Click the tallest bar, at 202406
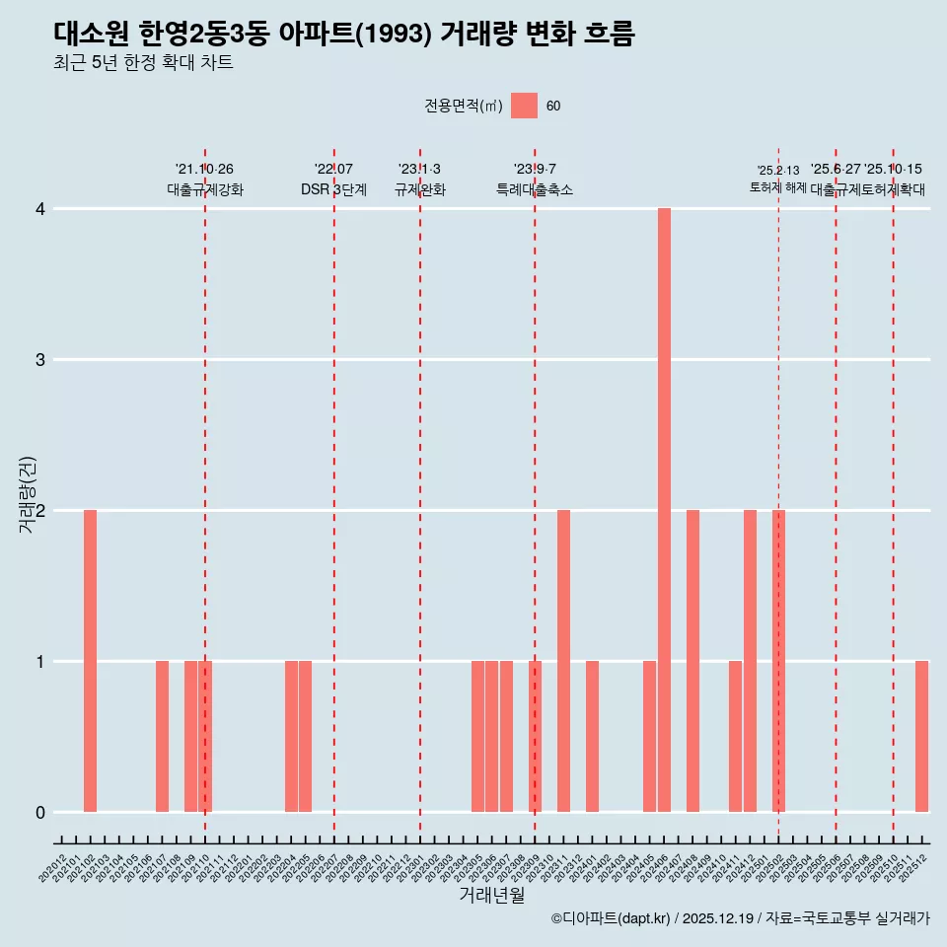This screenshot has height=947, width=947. (x=664, y=510)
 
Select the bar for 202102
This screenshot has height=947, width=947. (x=90, y=661)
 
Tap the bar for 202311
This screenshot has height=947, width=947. (x=563, y=661)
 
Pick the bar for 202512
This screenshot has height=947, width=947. (x=921, y=736)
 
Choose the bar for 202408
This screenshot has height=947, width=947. (x=692, y=661)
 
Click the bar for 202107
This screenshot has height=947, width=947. (x=162, y=736)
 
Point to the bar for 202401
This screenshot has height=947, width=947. (x=592, y=736)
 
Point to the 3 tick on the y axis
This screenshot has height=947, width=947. (x=39, y=360)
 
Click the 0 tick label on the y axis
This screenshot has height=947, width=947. (x=39, y=813)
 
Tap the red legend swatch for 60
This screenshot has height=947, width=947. (x=524, y=106)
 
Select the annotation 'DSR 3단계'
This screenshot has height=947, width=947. (x=333, y=189)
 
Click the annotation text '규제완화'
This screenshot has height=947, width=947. (x=419, y=189)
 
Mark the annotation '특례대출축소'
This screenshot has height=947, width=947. (x=534, y=189)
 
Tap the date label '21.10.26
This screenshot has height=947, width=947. (x=204, y=170)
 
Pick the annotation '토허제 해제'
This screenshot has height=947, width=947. (x=777, y=187)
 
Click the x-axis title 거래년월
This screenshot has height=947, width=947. (x=491, y=895)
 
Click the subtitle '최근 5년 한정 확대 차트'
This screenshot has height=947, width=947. (x=143, y=63)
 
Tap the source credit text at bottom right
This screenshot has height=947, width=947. (x=740, y=918)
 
